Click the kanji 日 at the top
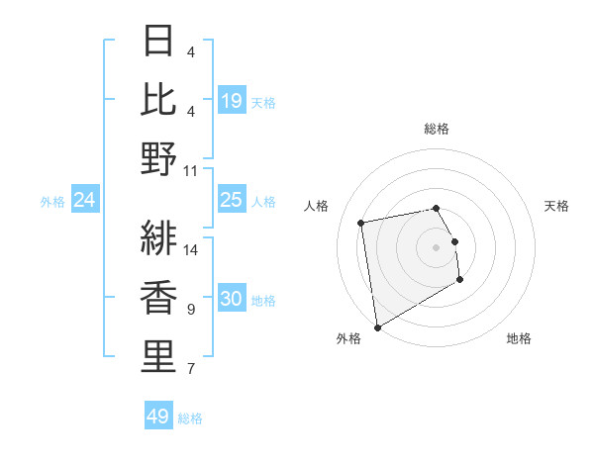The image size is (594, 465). coord(158,41)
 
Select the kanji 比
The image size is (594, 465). coord(158,99)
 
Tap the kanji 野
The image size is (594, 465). coord(158,158)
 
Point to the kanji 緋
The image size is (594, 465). coord(158,238)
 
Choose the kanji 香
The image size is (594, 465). coord(158,298)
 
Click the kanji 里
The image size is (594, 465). coord(158,356)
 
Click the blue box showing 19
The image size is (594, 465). coord(231,100)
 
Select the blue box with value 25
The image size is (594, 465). coord(231,200)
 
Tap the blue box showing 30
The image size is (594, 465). coord(231,299)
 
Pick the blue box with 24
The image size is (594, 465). coord(84,200)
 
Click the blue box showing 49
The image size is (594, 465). coord(157,417)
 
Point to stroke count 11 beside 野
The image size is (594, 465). coord(191,170)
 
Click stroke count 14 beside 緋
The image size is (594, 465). coord(191,249)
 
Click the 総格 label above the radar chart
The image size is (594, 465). coord(436,129)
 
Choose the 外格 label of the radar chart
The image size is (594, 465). coord(348,338)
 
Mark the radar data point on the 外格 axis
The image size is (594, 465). coord(377,327)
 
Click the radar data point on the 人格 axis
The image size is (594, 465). coord(361,223)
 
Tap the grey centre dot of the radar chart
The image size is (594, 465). coord(436,246)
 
